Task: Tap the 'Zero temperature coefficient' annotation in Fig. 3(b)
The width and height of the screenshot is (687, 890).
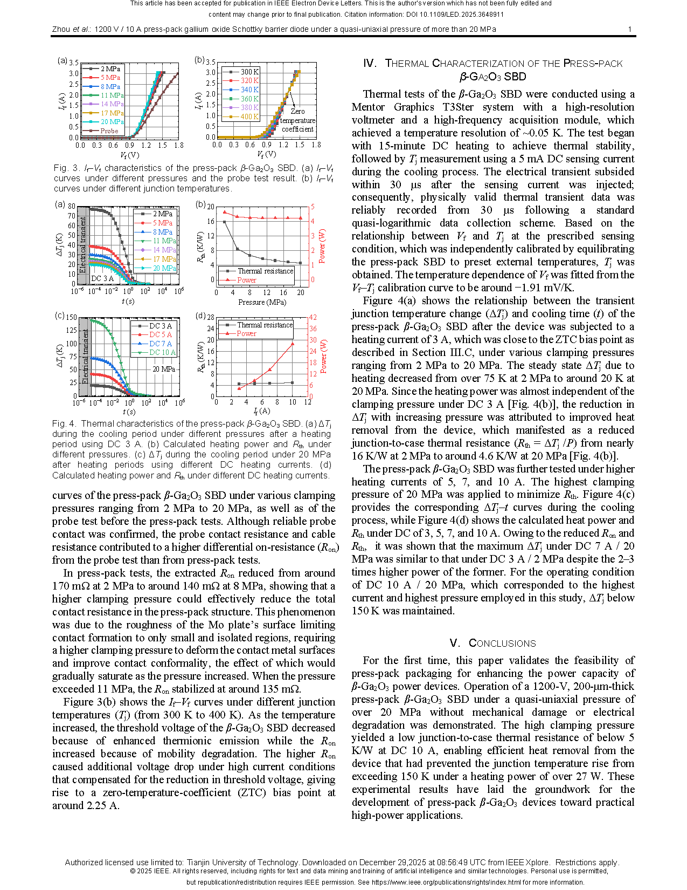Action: [x=297, y=120]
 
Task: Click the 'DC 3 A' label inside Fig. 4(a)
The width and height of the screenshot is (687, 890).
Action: [x=102, y=278]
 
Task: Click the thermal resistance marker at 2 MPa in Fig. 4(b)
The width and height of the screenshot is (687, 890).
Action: [x=225, y=222]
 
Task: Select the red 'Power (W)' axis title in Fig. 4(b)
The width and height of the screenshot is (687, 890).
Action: [x=322, y=247]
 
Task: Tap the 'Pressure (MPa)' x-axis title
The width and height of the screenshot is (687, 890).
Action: [x=262, y=302]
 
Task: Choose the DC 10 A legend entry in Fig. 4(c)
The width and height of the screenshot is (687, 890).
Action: [x=162, y=352]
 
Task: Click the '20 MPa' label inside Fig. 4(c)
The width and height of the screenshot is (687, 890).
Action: [x=163, y=369]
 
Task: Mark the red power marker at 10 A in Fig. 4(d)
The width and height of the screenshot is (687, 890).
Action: [x=293, y=344]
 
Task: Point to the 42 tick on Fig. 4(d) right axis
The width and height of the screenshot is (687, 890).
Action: [x=313, y=317]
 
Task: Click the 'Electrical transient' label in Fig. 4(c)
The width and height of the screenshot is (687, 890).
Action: [x=85, y=357]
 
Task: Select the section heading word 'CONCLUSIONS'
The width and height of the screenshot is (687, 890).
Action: [x=502, y=643]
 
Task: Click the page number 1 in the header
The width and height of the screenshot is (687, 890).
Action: [x=629, y=29]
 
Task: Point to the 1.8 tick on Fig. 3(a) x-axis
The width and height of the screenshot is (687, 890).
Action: [x=179, y=145]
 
